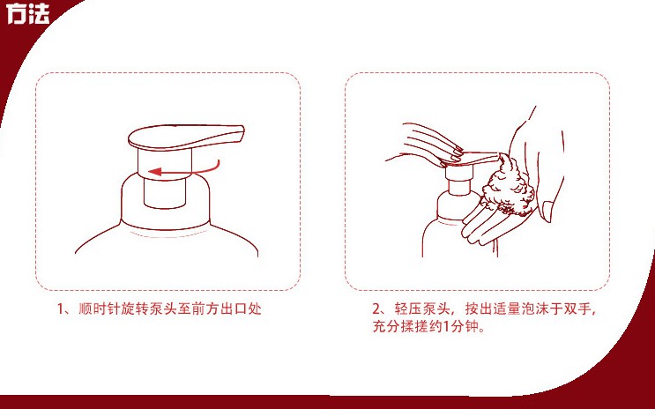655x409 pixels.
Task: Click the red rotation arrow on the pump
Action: click(183, 171)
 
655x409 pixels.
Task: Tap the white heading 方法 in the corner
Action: click(28, 14)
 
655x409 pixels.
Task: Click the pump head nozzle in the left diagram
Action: click(186, 137)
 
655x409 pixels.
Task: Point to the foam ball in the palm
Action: click(508, 186)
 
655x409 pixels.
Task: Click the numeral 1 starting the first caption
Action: click(61, 309)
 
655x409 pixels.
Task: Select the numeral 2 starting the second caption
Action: click(376, 309)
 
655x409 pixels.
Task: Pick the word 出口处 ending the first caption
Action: click(242, 309)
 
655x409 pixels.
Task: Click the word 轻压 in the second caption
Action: click(407, 309)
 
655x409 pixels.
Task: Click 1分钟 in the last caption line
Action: click(460, 326)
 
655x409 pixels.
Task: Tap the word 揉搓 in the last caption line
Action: click(413, 326)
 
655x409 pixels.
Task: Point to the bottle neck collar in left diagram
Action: click(166, 200)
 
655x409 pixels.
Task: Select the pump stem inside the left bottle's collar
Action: click(165, 193)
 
